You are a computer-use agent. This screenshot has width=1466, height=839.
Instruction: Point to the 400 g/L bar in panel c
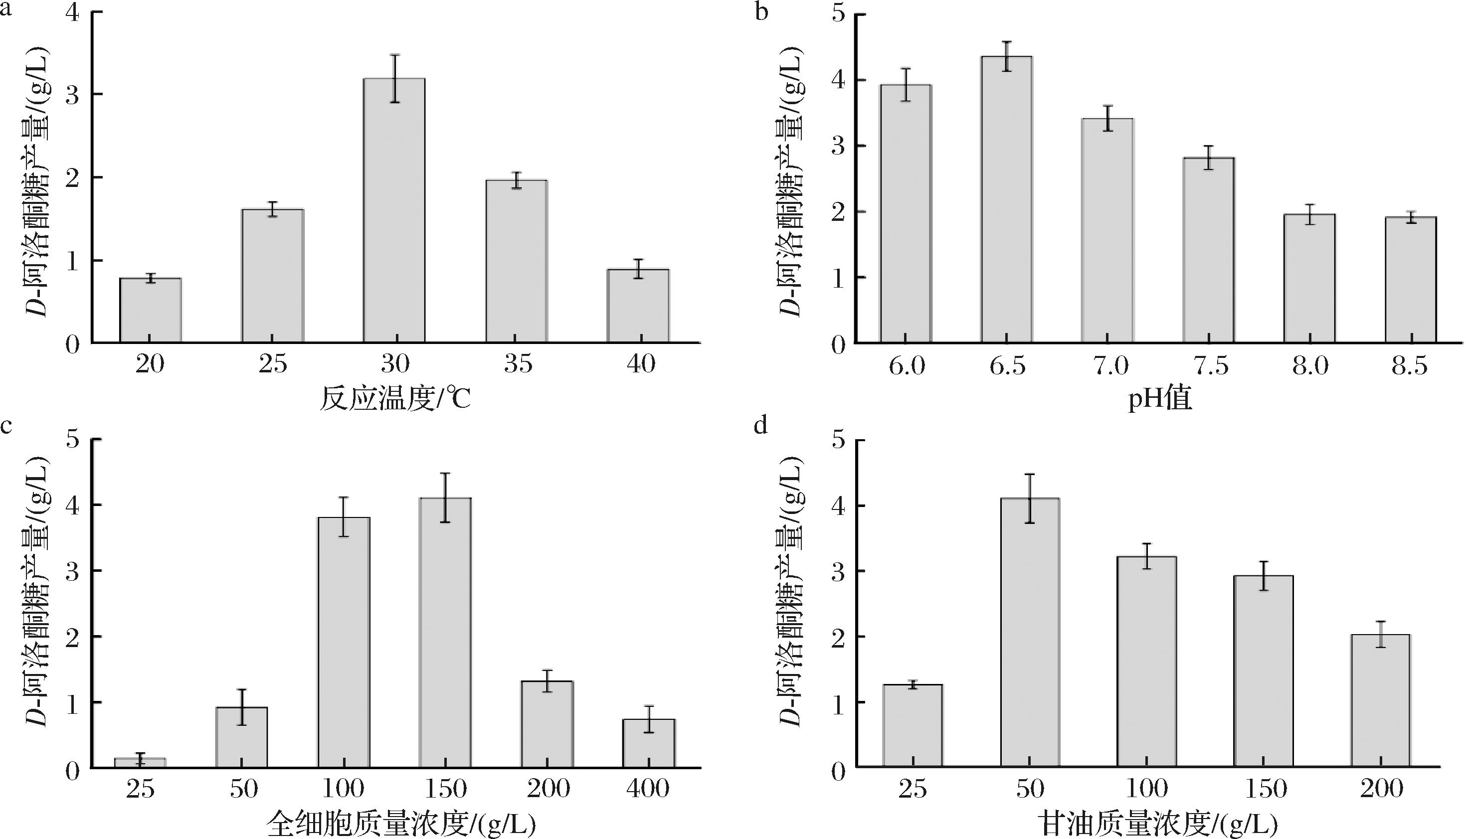tap(649, 743)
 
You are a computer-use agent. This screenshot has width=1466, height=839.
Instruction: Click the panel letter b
tap(762, 11)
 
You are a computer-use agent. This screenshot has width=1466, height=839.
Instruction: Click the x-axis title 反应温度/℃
tap(395, 399)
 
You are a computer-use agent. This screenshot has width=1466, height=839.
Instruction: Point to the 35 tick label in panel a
tap(518, 364)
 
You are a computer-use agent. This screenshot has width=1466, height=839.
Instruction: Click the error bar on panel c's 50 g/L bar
tap(241, 706)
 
